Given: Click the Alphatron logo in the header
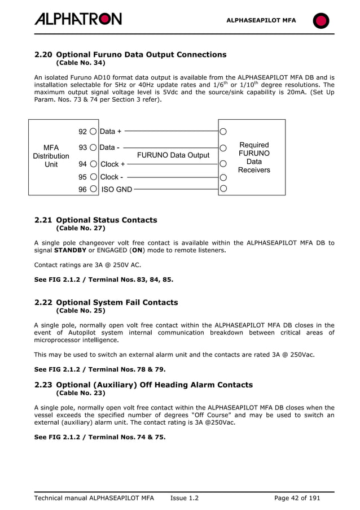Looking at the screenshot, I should (78, 19).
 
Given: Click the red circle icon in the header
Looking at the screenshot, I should (321, 21).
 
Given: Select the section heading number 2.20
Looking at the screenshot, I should (43, 55).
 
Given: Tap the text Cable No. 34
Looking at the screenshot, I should (81, 63).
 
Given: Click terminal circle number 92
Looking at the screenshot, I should (93, 132).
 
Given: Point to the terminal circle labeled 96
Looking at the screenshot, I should (93, 190).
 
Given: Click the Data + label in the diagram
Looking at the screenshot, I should (111, 132).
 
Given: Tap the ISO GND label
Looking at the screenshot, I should (116, 190).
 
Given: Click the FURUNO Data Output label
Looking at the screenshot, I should (173, 155).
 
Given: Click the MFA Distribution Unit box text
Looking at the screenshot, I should (51, 156).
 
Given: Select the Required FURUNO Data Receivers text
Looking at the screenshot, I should (254, 158).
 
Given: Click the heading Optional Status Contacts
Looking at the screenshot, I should (107, 220).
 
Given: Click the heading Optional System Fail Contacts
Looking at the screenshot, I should (117, 302).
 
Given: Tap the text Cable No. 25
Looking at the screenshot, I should (81, 311).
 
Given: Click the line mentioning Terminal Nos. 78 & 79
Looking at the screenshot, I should (100, 369).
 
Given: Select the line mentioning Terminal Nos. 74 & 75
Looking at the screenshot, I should (100, 437).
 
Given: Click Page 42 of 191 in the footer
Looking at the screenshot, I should (296, 498).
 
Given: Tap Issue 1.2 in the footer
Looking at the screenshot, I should (184, 498).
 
